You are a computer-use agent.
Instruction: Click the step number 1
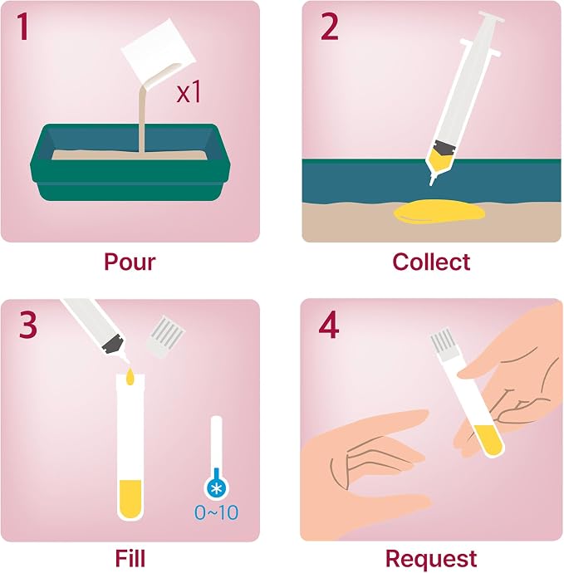coord(23,27)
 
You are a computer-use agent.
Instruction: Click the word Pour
coord(130,262)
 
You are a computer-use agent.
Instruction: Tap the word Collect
coord(431,262)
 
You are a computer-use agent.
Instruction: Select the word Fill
coord(130,558)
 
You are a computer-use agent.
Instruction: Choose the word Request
coord(431,560)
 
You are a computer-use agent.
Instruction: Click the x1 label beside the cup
coord(189,91)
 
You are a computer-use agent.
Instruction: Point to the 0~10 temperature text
coord(217,512)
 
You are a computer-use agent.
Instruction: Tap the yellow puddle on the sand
coord(439,211)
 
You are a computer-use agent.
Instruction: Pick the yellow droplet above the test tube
coord(130,377)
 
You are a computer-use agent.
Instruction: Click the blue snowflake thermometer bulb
coord(217,487)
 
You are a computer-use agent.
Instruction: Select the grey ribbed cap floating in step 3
coord(165,336)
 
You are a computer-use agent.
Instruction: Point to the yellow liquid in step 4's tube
coord(488,439)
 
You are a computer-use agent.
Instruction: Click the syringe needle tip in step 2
coord(431,184)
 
